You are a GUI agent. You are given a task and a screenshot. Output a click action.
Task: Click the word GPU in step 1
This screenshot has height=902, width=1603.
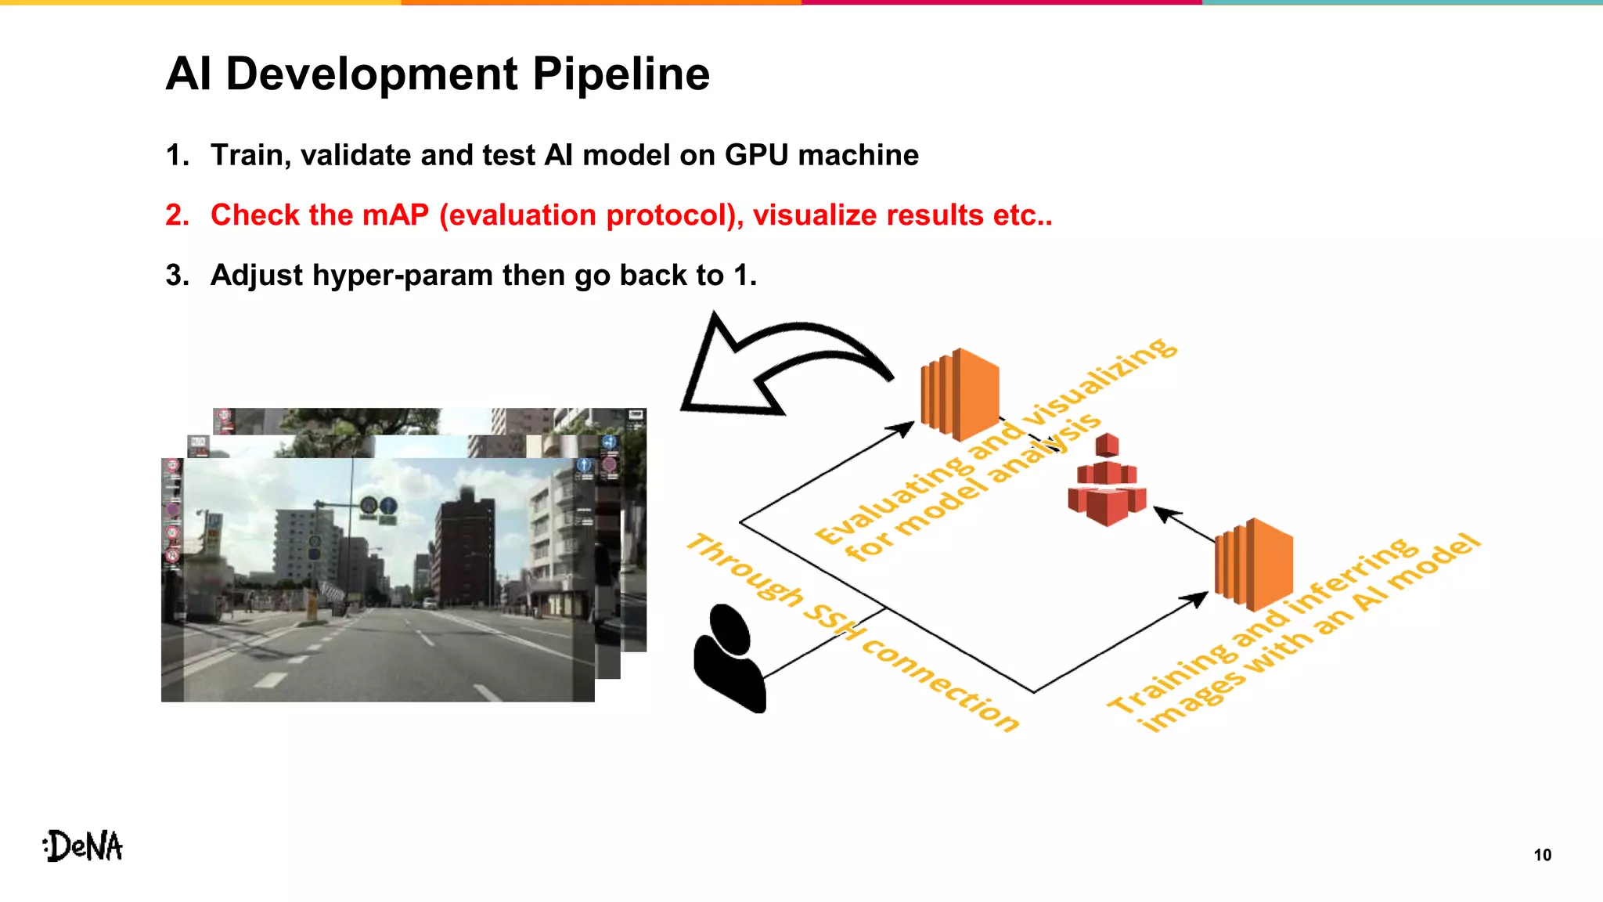click(755, 155)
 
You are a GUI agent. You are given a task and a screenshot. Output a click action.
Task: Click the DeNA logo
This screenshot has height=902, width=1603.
click(83, 846)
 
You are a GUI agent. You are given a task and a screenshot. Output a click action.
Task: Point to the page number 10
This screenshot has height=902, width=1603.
click(1542, 855)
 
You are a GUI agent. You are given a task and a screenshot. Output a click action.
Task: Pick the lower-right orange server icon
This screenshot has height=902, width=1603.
click(1253, 564)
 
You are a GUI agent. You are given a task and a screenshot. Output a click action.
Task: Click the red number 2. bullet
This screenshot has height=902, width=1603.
click(177, 215)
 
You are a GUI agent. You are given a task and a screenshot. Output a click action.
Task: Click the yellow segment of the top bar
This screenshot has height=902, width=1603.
click(200, 2)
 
